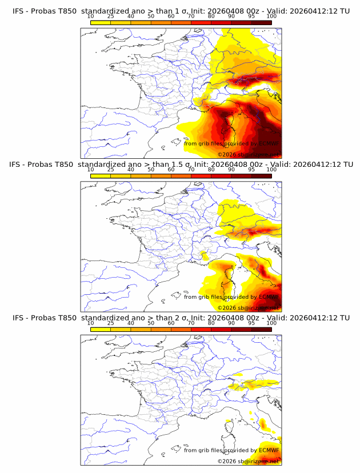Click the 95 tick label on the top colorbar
click(251, 17)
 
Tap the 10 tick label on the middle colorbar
click(90, 170)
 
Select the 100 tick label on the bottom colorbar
click(271, 323)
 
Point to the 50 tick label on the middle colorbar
click(151, 170)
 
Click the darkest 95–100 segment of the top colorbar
click(261, 22)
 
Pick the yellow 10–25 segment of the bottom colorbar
click(100, 329)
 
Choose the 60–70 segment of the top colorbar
click(181, 22)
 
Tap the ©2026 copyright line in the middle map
click(248, 307)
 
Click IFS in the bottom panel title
click(18, 318)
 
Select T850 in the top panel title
click(66, 11)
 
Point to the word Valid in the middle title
click(279, 165)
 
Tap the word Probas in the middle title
click(45, 165)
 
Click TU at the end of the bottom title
click(345, 318)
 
